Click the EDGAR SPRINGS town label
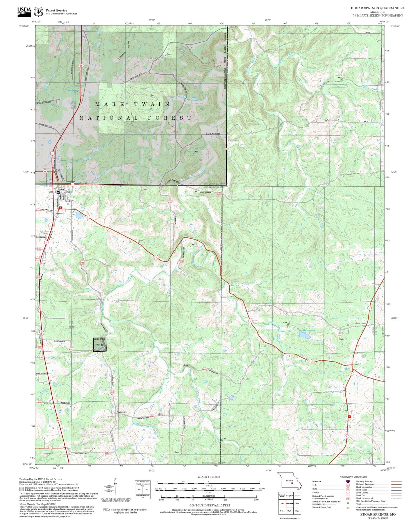tap(60, 192)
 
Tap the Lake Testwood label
tap(308, 330)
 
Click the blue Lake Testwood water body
tap(304, 335)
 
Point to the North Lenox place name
tap(360, 323)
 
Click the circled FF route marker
tap(73, 185)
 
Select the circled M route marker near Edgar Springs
tap(45, 172)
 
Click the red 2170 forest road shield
tap(339, 335)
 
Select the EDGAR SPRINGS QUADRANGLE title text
tap(377, 8)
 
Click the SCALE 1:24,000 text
tap(208, 477)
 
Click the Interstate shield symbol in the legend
tap(348, 482)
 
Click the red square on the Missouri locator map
tap(292, 484)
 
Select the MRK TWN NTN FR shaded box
tap(100, 345)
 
